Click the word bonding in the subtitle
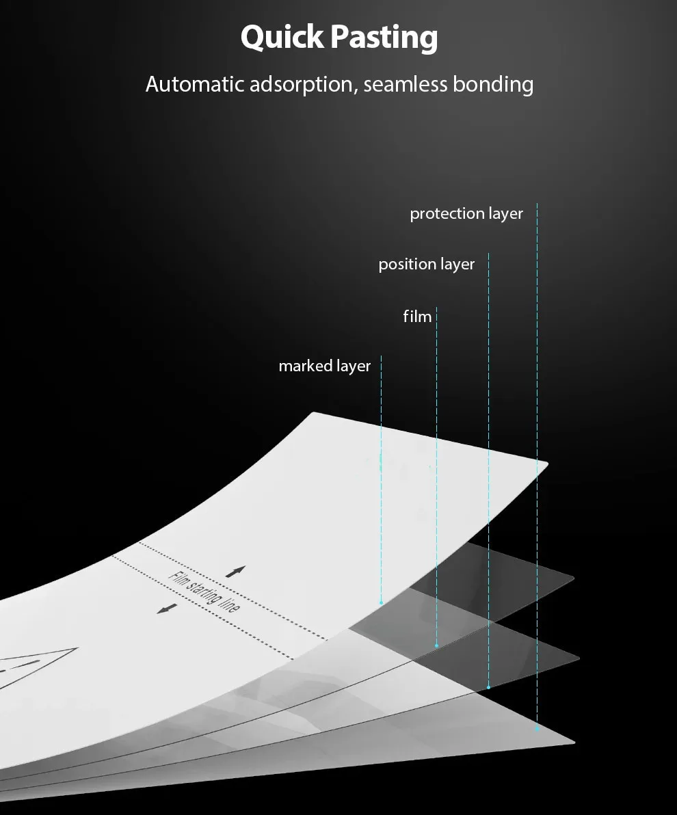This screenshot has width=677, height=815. click(492, 85)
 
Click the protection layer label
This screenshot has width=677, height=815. click(466, 214)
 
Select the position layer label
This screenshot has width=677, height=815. click(426, 264)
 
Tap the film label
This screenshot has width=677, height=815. click(417, 317)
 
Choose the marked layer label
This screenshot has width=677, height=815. click(324, 366)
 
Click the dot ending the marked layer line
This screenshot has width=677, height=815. click(382, 602)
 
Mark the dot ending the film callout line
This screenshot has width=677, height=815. click(436, 645)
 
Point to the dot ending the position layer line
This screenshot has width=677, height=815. click(488, 687)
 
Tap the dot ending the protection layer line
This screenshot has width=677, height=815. click(537, 730)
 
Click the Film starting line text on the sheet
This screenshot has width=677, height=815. click(204, 591)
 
